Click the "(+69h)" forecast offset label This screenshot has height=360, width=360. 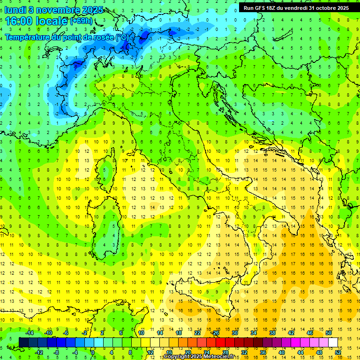pyautogui.click(x=81, y=21)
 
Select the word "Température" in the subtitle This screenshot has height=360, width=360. pyautogui.click(x=29, y=37)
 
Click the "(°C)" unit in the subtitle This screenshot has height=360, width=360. pyautogui.click(x=121, y=37)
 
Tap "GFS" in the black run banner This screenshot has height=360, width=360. pyautogui.click(x=262, y=8)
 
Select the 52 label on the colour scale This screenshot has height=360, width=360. pyautogui.click(x=338, y=352)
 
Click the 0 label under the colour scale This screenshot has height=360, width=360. pyautogui.click(x=92, y=352)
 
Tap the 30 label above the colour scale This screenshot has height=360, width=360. pyautogui.click(x=234, y=333)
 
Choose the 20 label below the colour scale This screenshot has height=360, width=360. pyautogui.click(x=187, y=352)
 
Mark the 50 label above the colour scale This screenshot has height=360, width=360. pyautogui.click(x=329, y=333)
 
